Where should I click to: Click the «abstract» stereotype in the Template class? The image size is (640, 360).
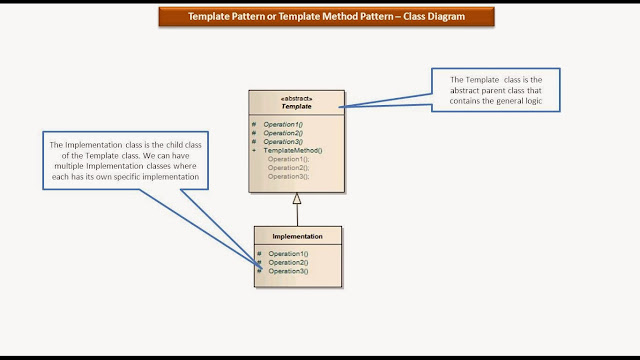[x=296, y=98]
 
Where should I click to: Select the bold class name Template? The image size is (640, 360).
[x=296, y=106]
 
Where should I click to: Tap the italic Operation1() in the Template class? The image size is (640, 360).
[x=283, y=125]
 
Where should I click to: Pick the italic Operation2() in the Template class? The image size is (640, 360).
[x=283, y=133]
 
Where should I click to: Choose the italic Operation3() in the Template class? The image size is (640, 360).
[x=283, y=142]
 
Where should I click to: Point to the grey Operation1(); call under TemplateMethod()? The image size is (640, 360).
[x=288, y=159]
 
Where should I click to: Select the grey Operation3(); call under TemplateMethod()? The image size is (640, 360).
[x=288, y=175]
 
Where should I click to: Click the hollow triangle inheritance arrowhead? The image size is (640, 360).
[x=296, y=198]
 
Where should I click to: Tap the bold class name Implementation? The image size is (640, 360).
[x=297, y=236]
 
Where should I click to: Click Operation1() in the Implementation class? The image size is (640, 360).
[x=288, y=254]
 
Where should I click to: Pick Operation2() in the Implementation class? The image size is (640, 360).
[x=288, y=262]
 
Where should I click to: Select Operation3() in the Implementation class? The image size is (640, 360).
[x=288, y=271]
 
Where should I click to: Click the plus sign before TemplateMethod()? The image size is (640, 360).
[x=254, y=150]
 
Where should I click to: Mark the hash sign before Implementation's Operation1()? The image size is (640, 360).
[x=259, y=254]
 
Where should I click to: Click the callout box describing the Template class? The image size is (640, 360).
[x=496, y=90]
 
